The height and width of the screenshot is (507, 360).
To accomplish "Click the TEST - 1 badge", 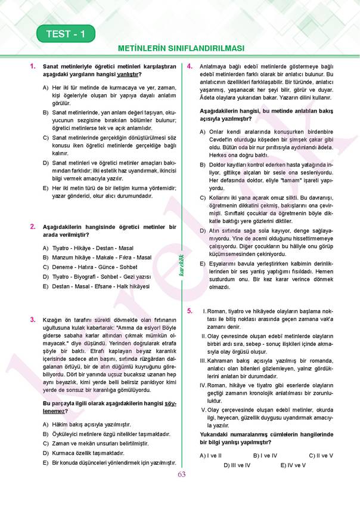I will coord(66,34).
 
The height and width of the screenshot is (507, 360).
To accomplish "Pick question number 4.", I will coord(189,66).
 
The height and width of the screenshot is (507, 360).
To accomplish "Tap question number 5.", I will coord(190,311).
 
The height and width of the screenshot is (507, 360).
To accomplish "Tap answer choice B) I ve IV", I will coord(265,455).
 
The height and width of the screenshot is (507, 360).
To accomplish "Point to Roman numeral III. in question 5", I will coord(203,360).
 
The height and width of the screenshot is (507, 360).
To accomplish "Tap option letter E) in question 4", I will coord(203,263).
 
